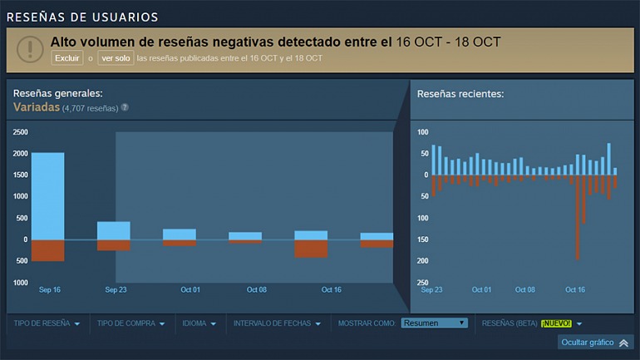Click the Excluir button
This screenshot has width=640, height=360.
[x=67, y=58]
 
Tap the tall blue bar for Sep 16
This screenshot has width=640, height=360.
[x=47, y=196]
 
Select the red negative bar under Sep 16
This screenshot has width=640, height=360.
[x=47, y=250]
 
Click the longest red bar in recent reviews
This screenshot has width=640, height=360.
[x=578, y=217]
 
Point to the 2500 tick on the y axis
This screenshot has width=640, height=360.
[x=20, y=132]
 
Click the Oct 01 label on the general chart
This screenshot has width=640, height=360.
[x=190, y=289]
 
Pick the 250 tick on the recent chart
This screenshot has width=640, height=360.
[x=423, y=283]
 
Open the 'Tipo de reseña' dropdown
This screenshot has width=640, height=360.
[x=47, y=323]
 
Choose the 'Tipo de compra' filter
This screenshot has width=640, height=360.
[x=130, y=323]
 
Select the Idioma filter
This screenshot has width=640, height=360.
[x=200, y=323]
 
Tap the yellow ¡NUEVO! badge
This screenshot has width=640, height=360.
[x=556, y=323]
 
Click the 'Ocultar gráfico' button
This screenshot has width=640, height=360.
[x=593, y=343]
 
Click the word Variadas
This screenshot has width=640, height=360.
[x=36, y=107]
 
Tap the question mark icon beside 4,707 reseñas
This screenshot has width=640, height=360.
[x=125, y=107]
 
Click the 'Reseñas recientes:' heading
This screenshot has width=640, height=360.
[x=460, y=94]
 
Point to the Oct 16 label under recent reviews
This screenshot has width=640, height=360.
[x=575, y=289]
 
